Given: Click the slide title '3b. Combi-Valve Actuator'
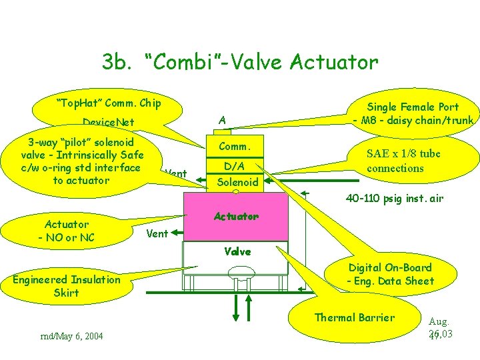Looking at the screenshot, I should pos(240,63).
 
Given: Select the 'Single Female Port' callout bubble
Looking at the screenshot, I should pos(414,114).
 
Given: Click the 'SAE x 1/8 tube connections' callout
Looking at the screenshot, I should pos(404,161).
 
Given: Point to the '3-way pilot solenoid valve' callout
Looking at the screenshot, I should pos(81,161).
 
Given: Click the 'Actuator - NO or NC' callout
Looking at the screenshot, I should pos(66,231).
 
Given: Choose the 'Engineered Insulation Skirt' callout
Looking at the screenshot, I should pos(67,286).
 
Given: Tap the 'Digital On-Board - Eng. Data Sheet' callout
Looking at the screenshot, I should pos(390,274).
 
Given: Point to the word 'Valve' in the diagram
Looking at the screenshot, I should pos(237,251).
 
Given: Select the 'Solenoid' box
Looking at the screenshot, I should pos(237,182).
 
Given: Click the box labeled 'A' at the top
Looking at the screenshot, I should pos(223,120).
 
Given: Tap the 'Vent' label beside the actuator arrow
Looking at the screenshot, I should pos(157,233).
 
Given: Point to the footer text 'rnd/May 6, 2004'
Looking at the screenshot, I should pos(72,335).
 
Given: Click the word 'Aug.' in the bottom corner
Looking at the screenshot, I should pos(439,321).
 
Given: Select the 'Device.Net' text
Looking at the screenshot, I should pos(108,122).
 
